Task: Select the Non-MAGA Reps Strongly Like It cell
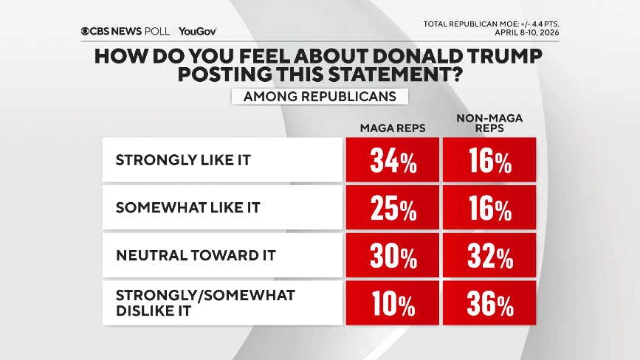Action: click(x=489, y=160)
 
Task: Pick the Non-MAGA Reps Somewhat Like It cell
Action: click(x=489, y=207)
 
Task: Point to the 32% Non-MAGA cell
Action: click(x=489, y=255)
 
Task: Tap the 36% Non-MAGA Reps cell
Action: click(x=489, y=302)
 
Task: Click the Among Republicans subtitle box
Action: click(x=320, y=96)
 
